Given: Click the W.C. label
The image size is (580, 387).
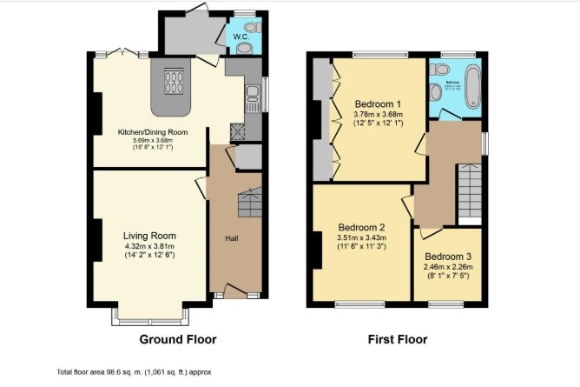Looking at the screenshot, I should (241, 37).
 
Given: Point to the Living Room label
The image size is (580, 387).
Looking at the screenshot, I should (149, 236).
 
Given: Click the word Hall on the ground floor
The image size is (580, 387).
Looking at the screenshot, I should (233, 239).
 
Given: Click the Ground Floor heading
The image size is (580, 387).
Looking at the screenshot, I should (178, 339).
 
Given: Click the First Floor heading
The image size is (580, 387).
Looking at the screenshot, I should (396, 339).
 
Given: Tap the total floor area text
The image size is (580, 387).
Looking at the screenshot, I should (135, 371).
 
